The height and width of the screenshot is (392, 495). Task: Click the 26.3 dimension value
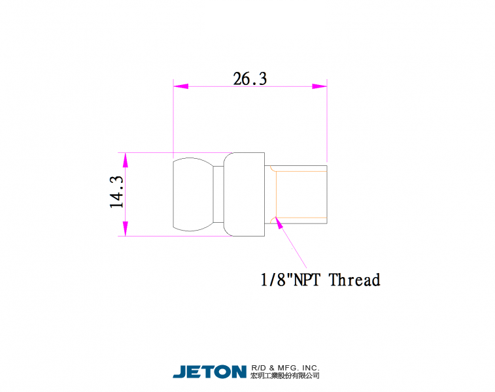(x=250, y=79)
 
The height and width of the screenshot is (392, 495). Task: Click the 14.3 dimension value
(x=116, y=192)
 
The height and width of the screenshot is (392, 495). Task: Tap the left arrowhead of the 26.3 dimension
(x=181, y=86)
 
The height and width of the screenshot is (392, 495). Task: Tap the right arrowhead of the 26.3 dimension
(x=320, y=86)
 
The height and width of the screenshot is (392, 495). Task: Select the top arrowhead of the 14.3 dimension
(x=126, y=160)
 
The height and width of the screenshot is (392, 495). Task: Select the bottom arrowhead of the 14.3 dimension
(x=126, y=229)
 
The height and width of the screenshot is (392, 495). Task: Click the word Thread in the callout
(x=354, y=280)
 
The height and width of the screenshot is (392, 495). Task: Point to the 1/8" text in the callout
(x=273, y=280)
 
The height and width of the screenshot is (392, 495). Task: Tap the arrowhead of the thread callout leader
(x=279, y=223)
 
